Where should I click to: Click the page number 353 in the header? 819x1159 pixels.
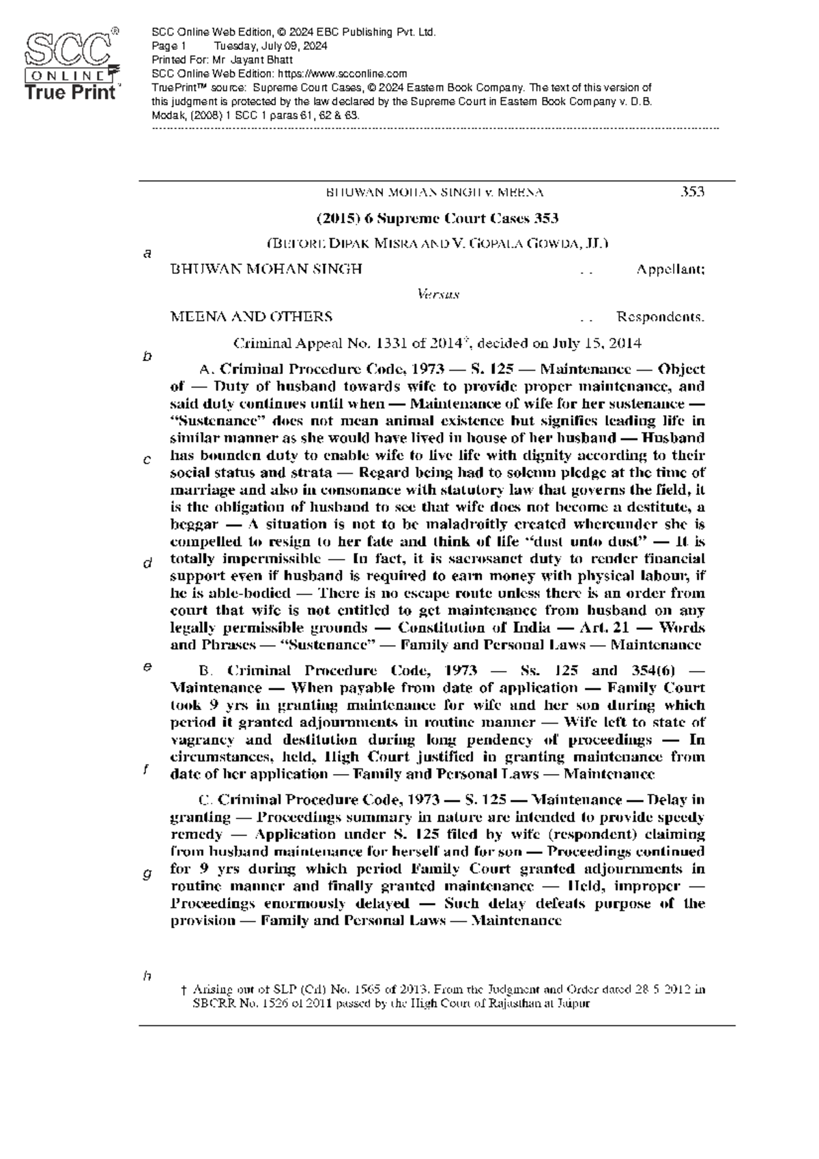coord(693,192)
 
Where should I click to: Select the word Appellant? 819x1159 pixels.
coord(670,270)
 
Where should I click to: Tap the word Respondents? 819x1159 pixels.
coord(661,317)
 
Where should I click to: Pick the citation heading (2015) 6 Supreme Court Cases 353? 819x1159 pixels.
coord(437,219)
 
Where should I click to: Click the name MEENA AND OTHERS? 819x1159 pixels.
coord(251,317)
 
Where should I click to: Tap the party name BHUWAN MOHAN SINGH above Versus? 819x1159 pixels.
coord(265,270)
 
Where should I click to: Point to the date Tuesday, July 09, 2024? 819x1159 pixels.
coord(270,46)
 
